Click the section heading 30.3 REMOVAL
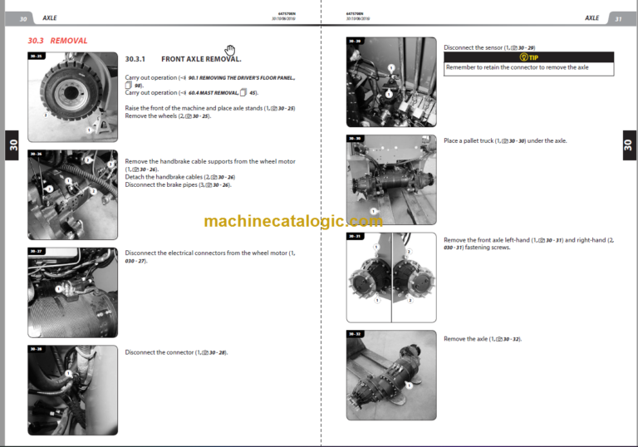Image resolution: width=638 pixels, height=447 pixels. click(57, 40)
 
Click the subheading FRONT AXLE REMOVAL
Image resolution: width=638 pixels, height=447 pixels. click(200, 60)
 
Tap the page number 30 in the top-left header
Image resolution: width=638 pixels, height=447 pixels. click(23, 18)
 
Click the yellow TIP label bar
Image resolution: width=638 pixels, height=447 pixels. click(528, 57)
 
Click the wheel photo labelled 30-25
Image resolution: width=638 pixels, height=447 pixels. click(72, 97)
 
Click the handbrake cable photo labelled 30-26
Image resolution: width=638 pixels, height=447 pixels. click(72, 194)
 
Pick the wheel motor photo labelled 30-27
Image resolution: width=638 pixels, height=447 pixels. click(72, 292)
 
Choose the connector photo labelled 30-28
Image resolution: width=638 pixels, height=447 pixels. click(72, 390)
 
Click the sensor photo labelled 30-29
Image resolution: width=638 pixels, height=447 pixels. click(391, 82)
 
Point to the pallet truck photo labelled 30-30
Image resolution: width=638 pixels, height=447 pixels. click(391, 179)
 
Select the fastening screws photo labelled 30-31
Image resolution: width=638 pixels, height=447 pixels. click(391, 277)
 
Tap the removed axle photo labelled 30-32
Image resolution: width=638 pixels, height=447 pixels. click(391, 374)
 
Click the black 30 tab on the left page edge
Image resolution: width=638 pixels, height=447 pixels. click(12, 144)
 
